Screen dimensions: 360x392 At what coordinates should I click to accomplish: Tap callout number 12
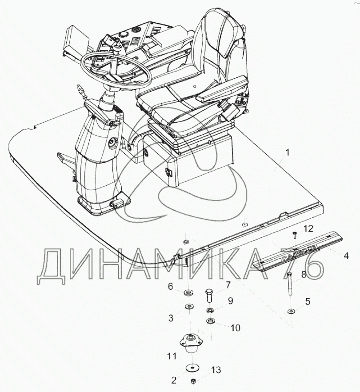point(309,228)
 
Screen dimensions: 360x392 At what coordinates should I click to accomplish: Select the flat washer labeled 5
point(290,311)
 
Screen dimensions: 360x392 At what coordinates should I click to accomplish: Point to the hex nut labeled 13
point(193,381)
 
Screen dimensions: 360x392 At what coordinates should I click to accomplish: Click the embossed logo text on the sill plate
point(296,252)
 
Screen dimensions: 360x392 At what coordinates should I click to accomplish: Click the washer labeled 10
point(211,320)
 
